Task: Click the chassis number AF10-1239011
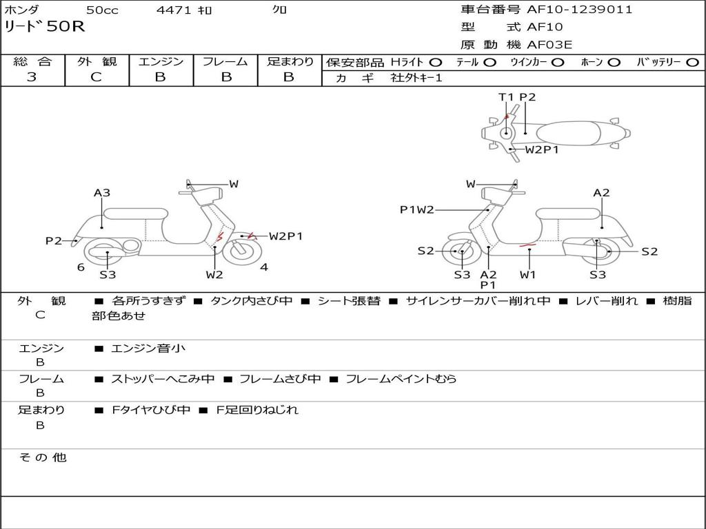coord(579,10)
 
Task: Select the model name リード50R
coord(44,28)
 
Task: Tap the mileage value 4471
coord(175,10)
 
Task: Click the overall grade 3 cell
coord(32,77)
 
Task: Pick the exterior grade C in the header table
coord(97,77)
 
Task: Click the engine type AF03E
coord(549,45)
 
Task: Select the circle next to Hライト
coord(435,63)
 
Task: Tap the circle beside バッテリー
coord(692,63)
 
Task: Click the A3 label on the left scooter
coord(102,193)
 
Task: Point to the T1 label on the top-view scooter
coord(506,97)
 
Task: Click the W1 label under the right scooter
coord(528,275)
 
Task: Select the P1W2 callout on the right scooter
coord(417,210)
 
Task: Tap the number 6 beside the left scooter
coord(81,267)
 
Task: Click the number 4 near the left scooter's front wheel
coord(264,267)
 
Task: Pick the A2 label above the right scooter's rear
coord(601,193)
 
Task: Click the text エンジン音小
coord(148,349)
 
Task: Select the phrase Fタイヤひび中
coord(151,410)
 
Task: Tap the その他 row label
coord(43,457)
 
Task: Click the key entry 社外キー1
coord(416,78)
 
